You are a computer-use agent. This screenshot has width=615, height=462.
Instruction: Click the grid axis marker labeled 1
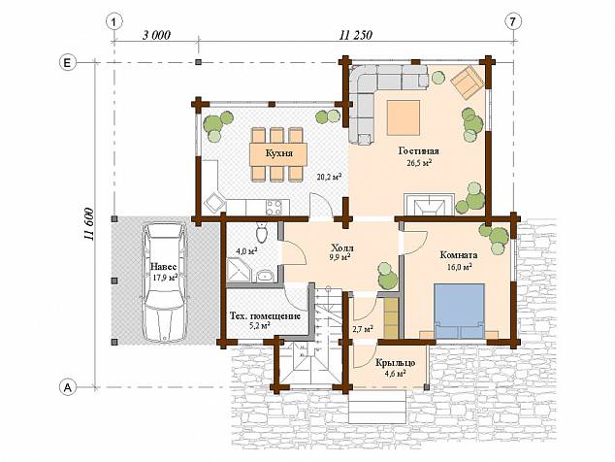[x=114, y=22]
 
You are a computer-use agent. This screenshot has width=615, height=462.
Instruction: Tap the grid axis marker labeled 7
[x=513, y=22]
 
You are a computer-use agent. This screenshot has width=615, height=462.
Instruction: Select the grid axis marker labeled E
[x=67, y=63]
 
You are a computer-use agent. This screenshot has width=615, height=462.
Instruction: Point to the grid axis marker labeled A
[x=67, y=387]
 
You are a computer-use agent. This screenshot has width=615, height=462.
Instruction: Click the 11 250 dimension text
[x=356, y=35]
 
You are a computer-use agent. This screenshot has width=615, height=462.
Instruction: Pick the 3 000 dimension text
[x=156, y=35]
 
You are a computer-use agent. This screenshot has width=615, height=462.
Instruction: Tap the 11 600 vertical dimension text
[x=88, y=223]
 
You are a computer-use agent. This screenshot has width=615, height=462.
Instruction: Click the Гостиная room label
[x=419, y=151]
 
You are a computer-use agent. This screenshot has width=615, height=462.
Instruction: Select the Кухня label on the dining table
[x=278, y=152]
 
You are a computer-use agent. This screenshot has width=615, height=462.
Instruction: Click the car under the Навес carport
[x=164, y=281]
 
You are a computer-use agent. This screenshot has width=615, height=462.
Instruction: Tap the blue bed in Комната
[x=459, y=312]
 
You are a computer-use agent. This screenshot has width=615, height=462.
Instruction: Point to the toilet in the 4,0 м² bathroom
[x=261, y=232]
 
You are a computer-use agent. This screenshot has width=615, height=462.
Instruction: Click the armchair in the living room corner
[x=467, y=82]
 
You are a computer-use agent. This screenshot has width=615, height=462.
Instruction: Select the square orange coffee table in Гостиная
[x=404, y=117]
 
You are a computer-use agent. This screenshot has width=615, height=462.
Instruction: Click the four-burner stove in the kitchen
[x=274, y=208]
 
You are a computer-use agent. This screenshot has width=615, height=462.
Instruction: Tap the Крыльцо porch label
[x=396, y=363]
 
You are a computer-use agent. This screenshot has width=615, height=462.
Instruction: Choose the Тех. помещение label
[x=265, y=316]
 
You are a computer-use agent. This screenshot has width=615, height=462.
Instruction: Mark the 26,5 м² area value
[x=419, y=163]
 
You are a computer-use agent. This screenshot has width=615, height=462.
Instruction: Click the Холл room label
[x=342, y=248]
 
